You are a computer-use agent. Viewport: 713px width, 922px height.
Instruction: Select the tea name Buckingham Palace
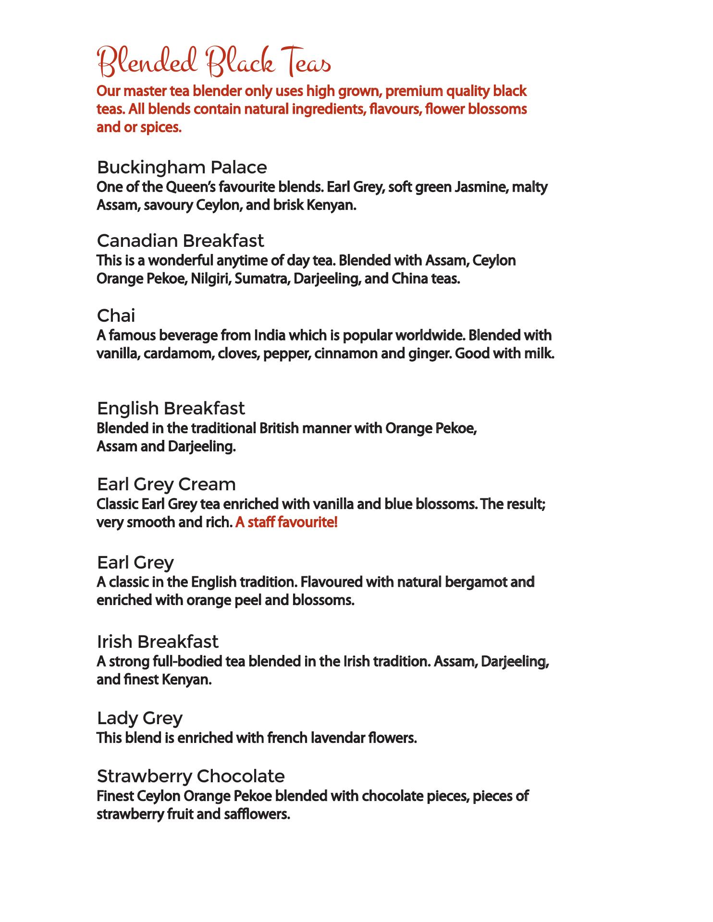tap(182, 168)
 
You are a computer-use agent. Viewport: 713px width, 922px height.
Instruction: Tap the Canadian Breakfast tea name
tap(180, 240)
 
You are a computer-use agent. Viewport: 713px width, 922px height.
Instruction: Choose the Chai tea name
tap(116, 316)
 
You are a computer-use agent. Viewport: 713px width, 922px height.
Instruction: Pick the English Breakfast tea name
tap(171, 409)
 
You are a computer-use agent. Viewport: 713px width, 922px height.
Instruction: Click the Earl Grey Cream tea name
tap(166, 484)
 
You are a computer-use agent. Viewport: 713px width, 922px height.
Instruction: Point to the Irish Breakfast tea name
tap(158, 642)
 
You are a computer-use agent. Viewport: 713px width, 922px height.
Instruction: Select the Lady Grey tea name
tap(140, 718)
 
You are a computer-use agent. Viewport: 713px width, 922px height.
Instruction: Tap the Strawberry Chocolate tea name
tap(191, 776)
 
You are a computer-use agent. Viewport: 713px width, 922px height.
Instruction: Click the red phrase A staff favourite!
tap(286, 522)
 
